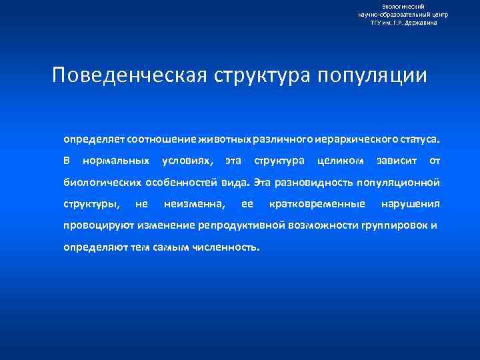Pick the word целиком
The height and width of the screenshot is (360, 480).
(x=341, y=161)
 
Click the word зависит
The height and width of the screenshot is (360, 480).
(x=397, y=161)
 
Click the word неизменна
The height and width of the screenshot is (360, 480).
(x=194, y=203)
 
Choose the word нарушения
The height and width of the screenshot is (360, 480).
(x=410, y=203)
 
